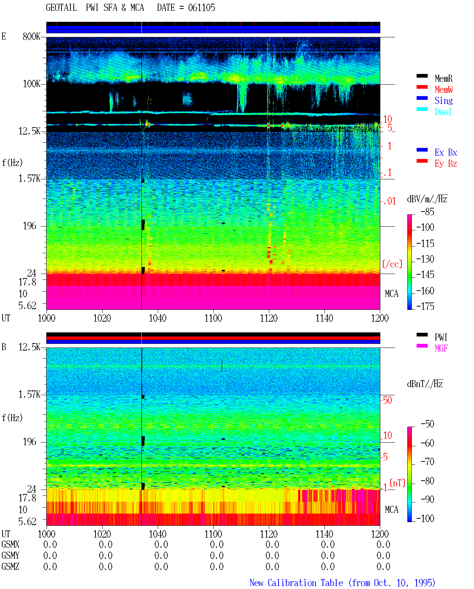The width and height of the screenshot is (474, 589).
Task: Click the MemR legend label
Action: (443, 78)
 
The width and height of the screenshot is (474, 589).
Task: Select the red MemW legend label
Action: (443, 89)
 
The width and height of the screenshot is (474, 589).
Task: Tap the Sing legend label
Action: (443, 101)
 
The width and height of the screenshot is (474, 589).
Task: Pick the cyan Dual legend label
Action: (443, 112)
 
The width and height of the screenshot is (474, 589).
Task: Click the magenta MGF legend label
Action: (441, 348)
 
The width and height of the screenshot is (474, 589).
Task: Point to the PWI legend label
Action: (441, 337)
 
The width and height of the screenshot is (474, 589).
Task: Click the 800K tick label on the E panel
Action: (31, 36)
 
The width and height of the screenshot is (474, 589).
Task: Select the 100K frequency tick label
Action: (31, 84)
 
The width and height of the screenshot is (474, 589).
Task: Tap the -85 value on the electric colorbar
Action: (427, 211)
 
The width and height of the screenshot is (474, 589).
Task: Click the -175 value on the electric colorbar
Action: (425, 306)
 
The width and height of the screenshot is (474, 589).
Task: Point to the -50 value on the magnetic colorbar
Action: (427, 424)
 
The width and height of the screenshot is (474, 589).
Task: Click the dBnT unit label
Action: (425, 384)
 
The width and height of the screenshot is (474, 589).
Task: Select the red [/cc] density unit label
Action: (392, 264)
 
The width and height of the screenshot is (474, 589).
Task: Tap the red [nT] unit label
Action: (397, 483)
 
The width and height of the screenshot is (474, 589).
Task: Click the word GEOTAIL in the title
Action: (61, 7)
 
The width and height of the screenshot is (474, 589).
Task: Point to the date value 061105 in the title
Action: (201, 7)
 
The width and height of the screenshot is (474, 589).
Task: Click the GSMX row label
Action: (10, 544)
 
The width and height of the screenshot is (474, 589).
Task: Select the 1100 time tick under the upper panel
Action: (213, 318)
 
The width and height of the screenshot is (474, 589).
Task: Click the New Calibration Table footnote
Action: (343, 583)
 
